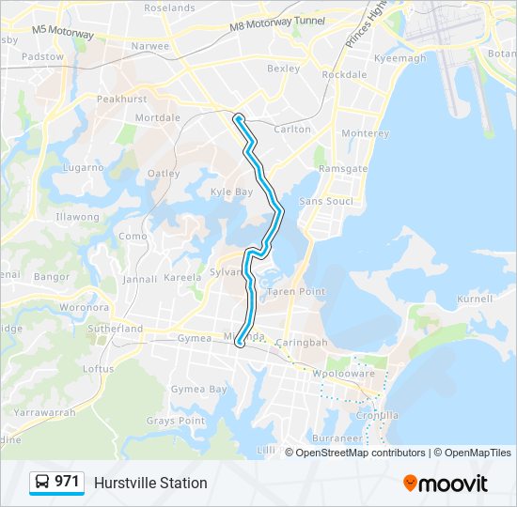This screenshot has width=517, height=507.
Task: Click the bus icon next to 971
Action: click(x=42, y=483)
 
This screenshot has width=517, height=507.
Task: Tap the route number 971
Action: click(x=67, y=482)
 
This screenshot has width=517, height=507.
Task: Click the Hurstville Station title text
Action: click(x=150, y=483)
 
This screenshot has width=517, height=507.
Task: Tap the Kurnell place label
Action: click(x=474, y=299)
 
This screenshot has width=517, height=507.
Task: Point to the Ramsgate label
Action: click(x=343, y=168)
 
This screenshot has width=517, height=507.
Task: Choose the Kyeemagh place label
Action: click(x=399, y=58)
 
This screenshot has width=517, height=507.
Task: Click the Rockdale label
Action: click(x=344, y=74)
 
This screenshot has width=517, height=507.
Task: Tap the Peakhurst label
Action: click(x=122, y=99)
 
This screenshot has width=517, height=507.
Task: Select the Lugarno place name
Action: click(x=84, y=167)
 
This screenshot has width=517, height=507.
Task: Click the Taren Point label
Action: click(x=296, y=292)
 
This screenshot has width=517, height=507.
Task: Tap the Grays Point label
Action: click(x=175, y=421)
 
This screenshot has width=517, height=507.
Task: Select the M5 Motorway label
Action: click(x=63, y=32)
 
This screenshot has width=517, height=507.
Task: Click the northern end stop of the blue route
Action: click(x=239, y=118)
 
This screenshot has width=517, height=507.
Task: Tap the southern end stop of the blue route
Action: click(x=240, y=343)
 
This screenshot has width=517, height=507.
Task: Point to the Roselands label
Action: click(x=169, y=8)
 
